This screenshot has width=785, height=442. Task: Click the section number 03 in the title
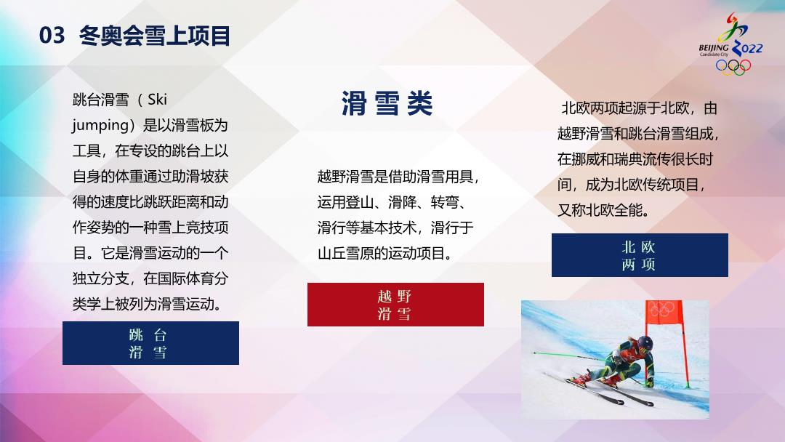pyautogui.click(x=52, y=36)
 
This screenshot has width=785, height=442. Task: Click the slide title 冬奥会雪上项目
pyautogui.click(x=155, y=36)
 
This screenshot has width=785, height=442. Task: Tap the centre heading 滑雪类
pyautogui.click(x=387, y=104)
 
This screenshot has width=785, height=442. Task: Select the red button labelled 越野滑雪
pyautogui.click(x=395, y=305)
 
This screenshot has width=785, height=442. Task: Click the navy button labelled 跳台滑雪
pyautogui.click(x=150, y=343)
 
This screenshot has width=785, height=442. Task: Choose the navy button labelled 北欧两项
pyautogui.click(x=640, y=255)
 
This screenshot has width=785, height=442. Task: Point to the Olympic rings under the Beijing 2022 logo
pyautogui.click(x=733, y=67)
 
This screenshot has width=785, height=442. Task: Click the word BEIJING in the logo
pyautogui.click(x=714, y=48)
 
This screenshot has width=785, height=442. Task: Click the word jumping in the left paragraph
pyautogui.click(x=100, y=125)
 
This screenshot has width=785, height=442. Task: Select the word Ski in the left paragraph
pyautogui.click(x=157, y=100)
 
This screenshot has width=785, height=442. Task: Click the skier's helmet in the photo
pyautogui.click(x=645, y=343)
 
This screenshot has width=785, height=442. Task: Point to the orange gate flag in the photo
pyautogui.click(x=664, y=311)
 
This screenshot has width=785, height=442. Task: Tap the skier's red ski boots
pyautogui.click(x=596, y=379)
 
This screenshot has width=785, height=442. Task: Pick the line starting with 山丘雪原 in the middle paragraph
pyautogui.click(x=385, y=253)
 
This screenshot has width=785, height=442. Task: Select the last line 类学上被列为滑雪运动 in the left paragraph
pyautogui.click(x=147, y=304)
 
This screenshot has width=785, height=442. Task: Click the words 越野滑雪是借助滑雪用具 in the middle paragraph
pyautogui.click(x=395, y=177)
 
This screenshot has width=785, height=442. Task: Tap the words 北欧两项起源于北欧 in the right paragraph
pyautogui.click(x=625, y=108)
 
